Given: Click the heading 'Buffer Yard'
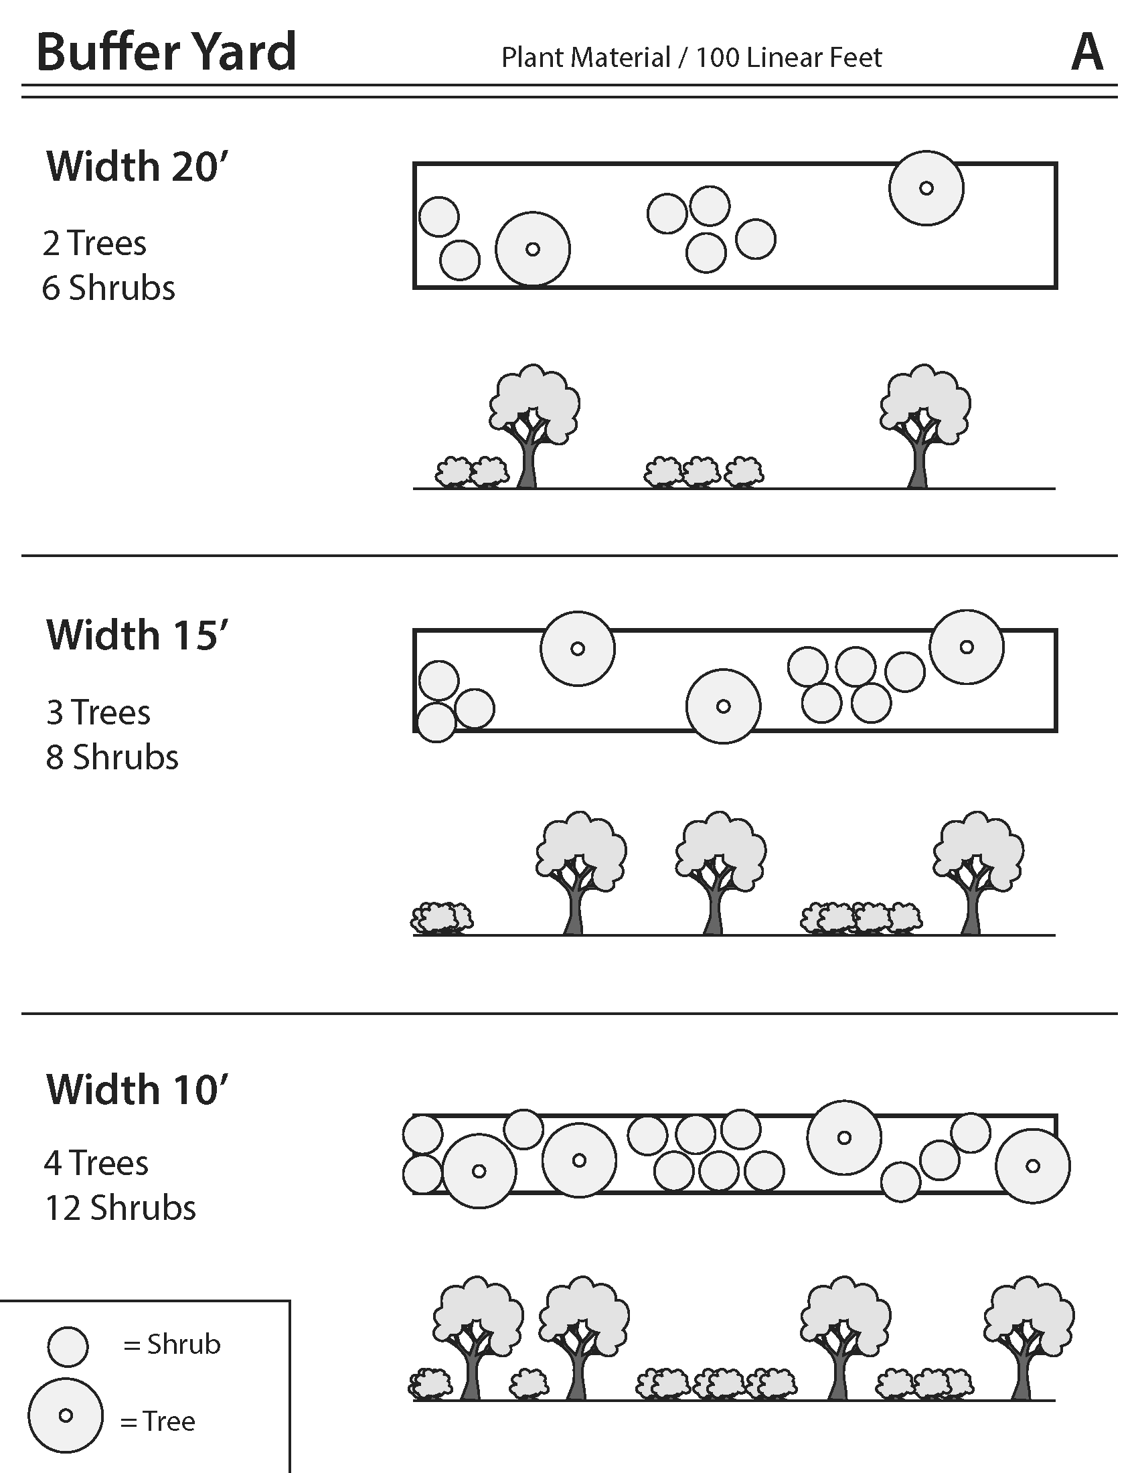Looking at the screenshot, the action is pyautogui.click(x=166, y=52).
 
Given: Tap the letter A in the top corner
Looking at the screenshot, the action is pyautogui.click(x=1086, y=53).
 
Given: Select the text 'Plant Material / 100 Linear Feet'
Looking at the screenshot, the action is pyautogui.click(x=691, y=58).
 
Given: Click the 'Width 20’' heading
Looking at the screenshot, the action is pyautogui.click(x=137, y=167).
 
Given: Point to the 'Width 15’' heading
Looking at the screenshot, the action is pyautogui.click(x=137, y=635).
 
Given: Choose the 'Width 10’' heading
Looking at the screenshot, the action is pyautogui.click(x=137, y=1090).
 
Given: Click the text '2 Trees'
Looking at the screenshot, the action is pyautogui.click(x=94, y=244).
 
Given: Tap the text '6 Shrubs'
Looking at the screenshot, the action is pyautogui.click(x=108, y=288).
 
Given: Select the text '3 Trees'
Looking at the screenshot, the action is pyautogui.click(x=98, y=713).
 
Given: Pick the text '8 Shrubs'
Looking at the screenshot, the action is pyautogui.click(x=112, y=757).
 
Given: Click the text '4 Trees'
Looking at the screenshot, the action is pyautogui.click(x=96, y=1164).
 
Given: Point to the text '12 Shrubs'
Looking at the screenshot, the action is pyautogui.click(x=120, y=1208).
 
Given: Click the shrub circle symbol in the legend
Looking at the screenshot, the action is pyautogui.click(x=68, y=1347).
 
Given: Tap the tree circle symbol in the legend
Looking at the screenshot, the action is pyautogui.click(x=66, y=1415).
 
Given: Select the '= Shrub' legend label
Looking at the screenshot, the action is pyautogui.click(x=172, y=1345).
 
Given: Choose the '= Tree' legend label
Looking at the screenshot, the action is pyautogui.click(x=158, y=1421).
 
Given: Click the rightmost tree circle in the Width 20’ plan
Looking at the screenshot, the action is pyautogui.click(x=926, y=188).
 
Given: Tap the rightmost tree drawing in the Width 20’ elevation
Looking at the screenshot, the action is pyautogui.click(x=923, y=425).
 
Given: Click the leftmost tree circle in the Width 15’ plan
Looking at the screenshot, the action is pyautogui.click(x=577, y=649).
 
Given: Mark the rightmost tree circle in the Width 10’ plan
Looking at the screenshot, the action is pyautogui.click(x=1032, y=1166).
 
